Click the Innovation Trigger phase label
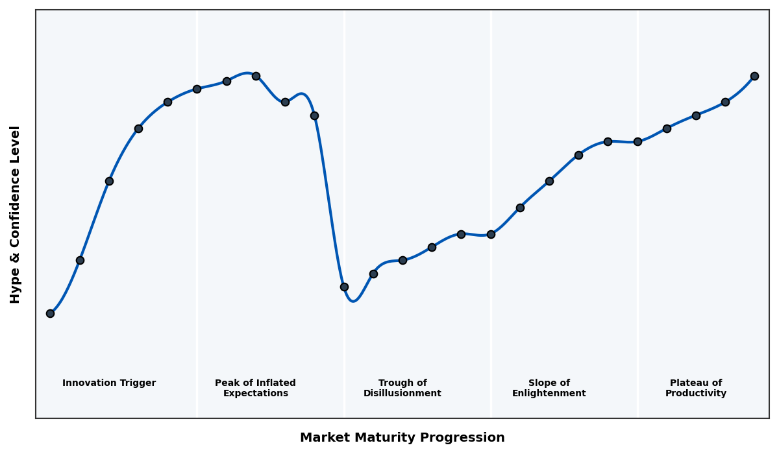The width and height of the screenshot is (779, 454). [x=109, y=383]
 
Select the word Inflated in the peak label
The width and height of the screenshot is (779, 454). [x=272, y=383]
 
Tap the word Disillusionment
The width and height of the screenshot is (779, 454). [x=402, y=394]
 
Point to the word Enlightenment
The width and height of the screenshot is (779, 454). [x=549, y=394]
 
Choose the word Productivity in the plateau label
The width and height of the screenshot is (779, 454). [x=696, y=394]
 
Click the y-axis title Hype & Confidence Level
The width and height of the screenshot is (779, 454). [x=16, y=214]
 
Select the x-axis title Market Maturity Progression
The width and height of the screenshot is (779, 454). [x=402, y=438]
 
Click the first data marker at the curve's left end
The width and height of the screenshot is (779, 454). [x=50, y=313]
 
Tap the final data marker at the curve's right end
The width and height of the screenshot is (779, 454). [x=754, y=76]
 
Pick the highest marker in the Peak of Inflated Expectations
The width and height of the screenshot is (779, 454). [x=256, y=76]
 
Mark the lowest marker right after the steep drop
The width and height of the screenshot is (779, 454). [x=344, y=287]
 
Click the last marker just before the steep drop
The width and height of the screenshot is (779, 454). [x=314, y=115]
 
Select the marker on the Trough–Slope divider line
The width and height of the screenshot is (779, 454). [x=491, y=234]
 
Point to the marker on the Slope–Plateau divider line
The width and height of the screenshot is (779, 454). [x=637, y=141]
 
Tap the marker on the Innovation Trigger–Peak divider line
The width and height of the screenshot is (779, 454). [x=197, y=89]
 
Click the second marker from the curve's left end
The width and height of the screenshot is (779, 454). [x=80, y=260]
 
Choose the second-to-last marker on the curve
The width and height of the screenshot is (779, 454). [x=725, y=102]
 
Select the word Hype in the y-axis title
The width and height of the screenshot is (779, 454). [x=16, y=289]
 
